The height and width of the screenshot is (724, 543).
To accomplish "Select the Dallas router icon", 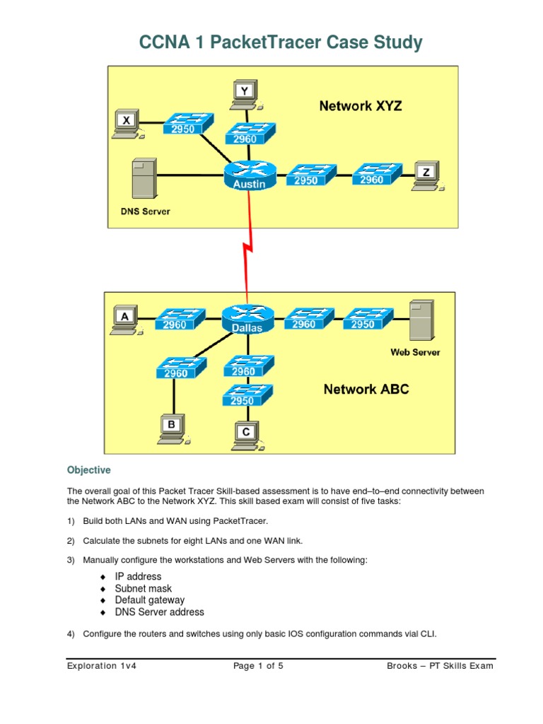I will click(x=247, y=319).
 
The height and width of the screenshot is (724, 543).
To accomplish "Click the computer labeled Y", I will click(x=244, y=95).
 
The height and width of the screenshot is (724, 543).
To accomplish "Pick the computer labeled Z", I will click(x=426, y=176).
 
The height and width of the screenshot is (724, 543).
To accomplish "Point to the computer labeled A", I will click(x=125, y=322).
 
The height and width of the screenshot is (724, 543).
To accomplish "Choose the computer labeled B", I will click(x=171, y=429).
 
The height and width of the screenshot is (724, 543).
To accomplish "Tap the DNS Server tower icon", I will click(x=143, y=179).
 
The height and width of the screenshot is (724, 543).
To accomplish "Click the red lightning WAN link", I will click(x=247, y=244).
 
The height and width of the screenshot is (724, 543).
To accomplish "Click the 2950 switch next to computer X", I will click(x=187, y=125).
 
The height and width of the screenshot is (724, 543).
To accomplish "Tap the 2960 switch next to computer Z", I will click(x=376, y=175).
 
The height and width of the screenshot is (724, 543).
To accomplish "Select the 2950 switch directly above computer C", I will click(x=246, y=396).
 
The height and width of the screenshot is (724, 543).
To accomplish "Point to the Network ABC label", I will click(x=366, y=389).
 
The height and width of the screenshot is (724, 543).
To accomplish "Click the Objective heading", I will click(x=89, y=470).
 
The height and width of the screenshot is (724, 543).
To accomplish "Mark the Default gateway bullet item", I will click(x=149, y=600).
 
